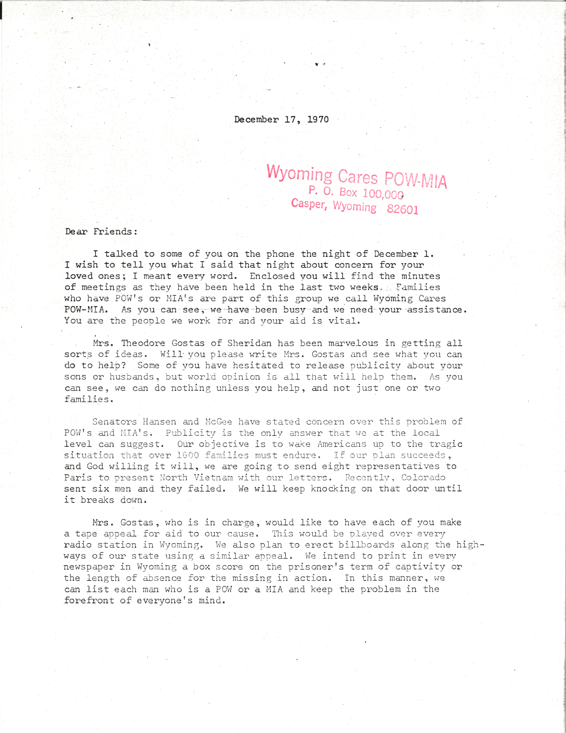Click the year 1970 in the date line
pos(318,120)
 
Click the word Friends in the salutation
pos(115,232)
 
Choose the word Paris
pos(78,478)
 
